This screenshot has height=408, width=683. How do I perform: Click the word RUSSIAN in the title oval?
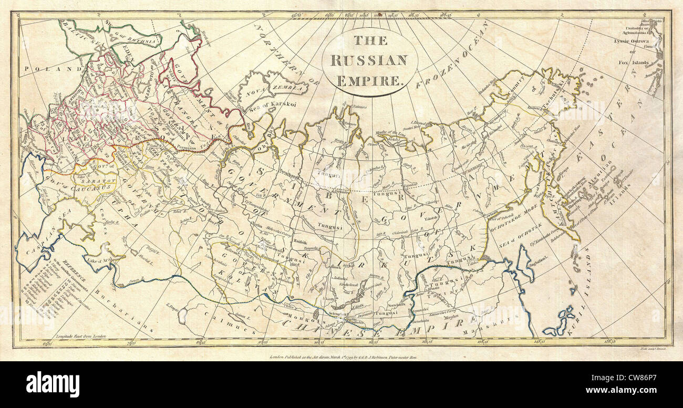[369, 60]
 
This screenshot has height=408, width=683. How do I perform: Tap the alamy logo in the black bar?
[53, 384]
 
